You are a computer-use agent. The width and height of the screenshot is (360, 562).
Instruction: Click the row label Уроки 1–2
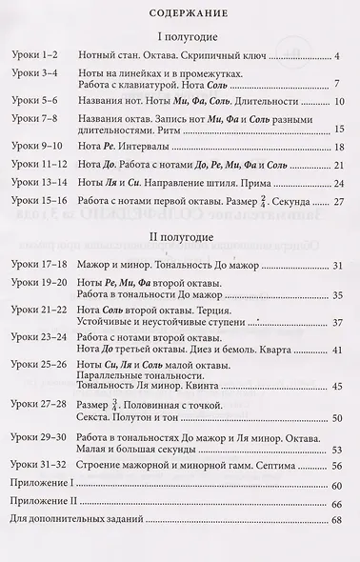(x=35, y=58)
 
